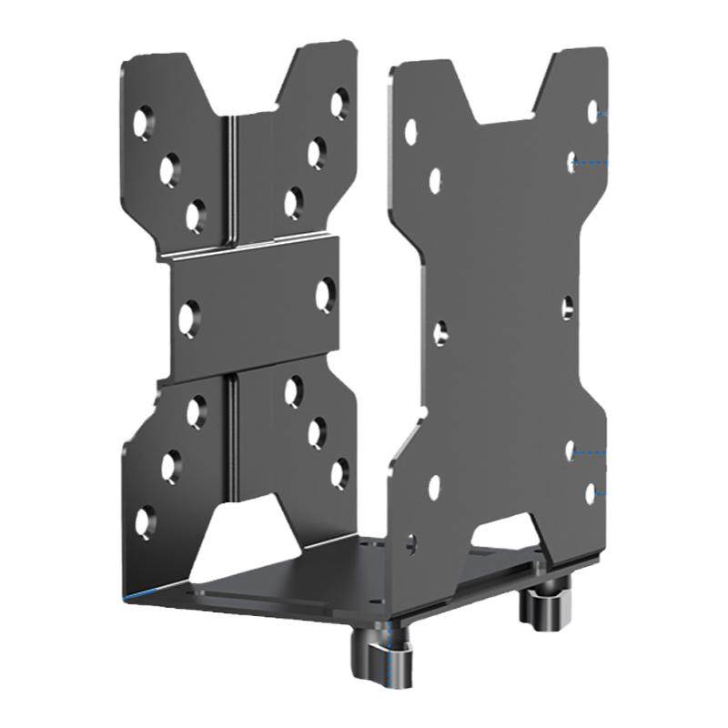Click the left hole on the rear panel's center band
pos(188,319)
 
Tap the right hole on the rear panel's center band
pos(325,294)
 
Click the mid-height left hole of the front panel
pos(440,334)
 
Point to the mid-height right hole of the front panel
pos(567,308)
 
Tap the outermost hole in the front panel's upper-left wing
pos(411,132)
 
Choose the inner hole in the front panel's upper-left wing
pos(435,180)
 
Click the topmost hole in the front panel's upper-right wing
pos(592,112)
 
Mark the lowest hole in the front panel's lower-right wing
pos(591,493)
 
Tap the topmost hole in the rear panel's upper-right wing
pos(340,102)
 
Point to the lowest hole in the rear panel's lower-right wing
pos(339,472)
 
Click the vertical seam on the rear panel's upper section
pos(233,182)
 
